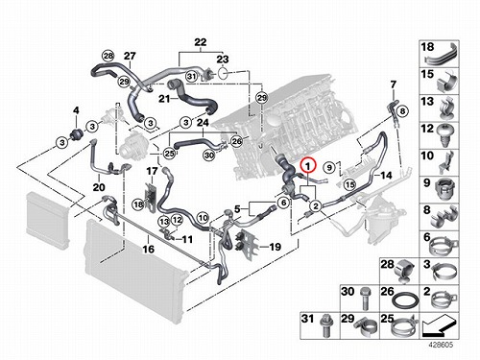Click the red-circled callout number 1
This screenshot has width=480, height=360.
click(308, 166)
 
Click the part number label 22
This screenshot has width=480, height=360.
click(201, 42)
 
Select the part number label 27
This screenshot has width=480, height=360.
click(130, 56)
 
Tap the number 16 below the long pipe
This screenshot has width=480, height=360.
click(149, 249)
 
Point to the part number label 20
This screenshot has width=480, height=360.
click(99, 187)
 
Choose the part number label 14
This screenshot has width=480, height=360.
click(386, 175)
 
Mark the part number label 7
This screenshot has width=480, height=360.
click(394, 84)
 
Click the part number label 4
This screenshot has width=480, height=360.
click(76, 110)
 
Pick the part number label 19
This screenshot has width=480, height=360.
click(275, 247)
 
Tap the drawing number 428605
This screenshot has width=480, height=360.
click(441, 345)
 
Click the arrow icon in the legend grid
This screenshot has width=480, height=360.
click(439, 325)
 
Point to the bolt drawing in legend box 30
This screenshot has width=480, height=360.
click(364, 299)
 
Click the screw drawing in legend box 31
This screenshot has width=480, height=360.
click(324, 325)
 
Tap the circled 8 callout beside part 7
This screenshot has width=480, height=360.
click(402, 111)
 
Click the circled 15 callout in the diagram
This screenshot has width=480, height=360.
click(350, 184)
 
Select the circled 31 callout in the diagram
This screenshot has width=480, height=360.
click(191, 76)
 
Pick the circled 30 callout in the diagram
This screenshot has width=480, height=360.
click(209, 156)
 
